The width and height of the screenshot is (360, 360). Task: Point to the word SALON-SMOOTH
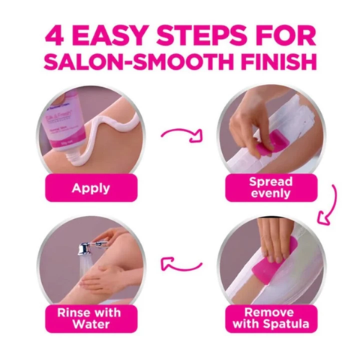click(139, 61)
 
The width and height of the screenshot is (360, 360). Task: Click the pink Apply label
click(91, 188)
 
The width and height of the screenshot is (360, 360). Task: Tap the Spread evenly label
click(271, 187)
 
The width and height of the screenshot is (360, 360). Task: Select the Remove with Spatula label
click(271, 319)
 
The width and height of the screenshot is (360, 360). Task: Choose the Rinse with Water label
click(91, 319)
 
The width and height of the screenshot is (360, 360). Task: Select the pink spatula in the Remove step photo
click(271, 268)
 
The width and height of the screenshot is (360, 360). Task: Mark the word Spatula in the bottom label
click(286, 324)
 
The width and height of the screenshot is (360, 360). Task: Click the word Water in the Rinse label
click(91, 324)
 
